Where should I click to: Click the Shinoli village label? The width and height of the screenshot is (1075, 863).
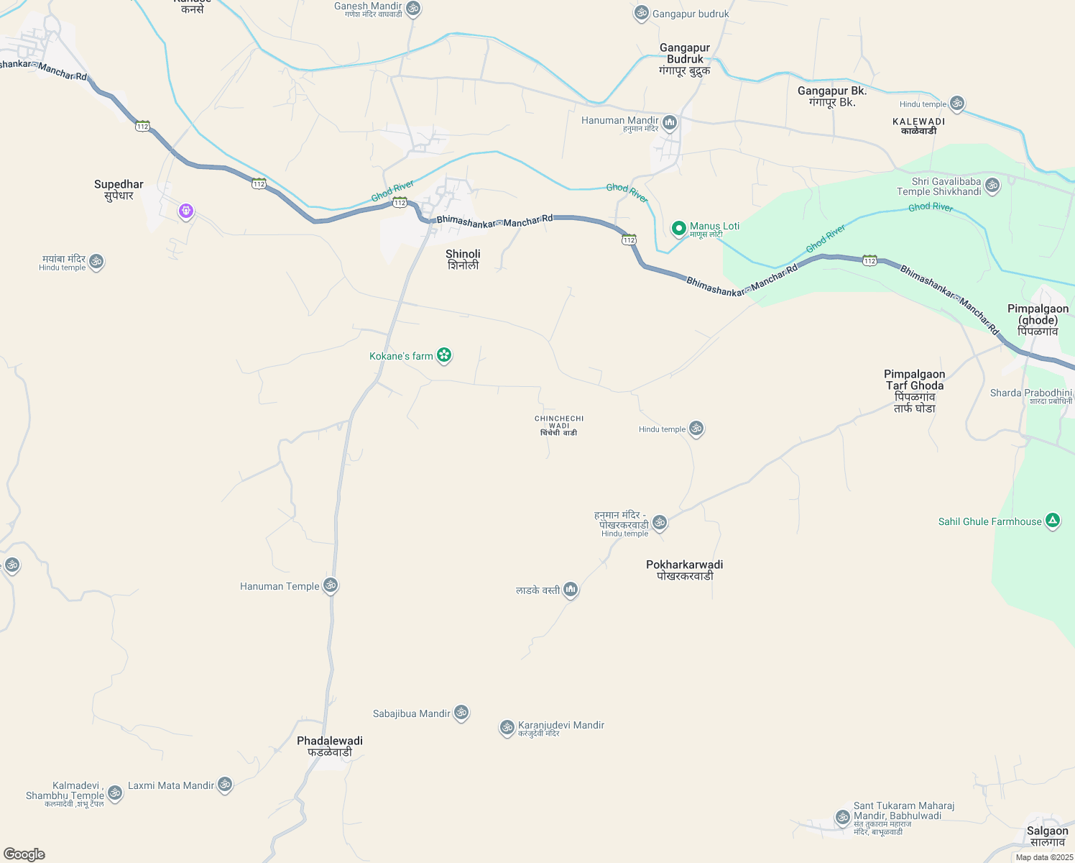(463, 260)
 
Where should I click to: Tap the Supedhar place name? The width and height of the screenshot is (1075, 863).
(119, 190)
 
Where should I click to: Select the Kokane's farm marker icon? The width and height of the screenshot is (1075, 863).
(445, 355)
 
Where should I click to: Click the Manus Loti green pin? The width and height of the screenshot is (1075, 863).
(678, 228)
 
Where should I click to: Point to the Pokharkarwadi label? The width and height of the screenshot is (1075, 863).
(684, 570)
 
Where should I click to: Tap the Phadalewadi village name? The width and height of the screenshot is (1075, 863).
(330, 746)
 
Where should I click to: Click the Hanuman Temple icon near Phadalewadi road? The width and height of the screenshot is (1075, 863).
(331, 585)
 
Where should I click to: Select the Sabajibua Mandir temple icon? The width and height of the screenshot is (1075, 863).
(461, 713)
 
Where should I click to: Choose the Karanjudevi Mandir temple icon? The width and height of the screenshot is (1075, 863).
(507, 727)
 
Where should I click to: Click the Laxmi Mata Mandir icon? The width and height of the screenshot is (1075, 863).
(225, 785)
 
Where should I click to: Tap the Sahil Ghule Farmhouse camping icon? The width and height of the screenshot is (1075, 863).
(1053, 521)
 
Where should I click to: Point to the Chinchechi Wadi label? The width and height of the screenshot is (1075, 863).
(559, 425)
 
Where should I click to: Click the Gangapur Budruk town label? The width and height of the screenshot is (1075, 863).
(685, 59)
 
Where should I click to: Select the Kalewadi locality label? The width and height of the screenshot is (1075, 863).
(919, 127)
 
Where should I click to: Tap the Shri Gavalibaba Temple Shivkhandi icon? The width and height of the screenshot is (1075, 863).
(992, 185)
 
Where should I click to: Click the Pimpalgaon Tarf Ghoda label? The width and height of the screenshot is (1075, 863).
(914, 391)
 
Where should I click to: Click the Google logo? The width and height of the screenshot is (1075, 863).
(24, 854)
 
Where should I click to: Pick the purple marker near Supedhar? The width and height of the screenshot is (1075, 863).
(186, 211)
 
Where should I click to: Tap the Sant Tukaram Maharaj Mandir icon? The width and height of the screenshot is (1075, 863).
(842, 817)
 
